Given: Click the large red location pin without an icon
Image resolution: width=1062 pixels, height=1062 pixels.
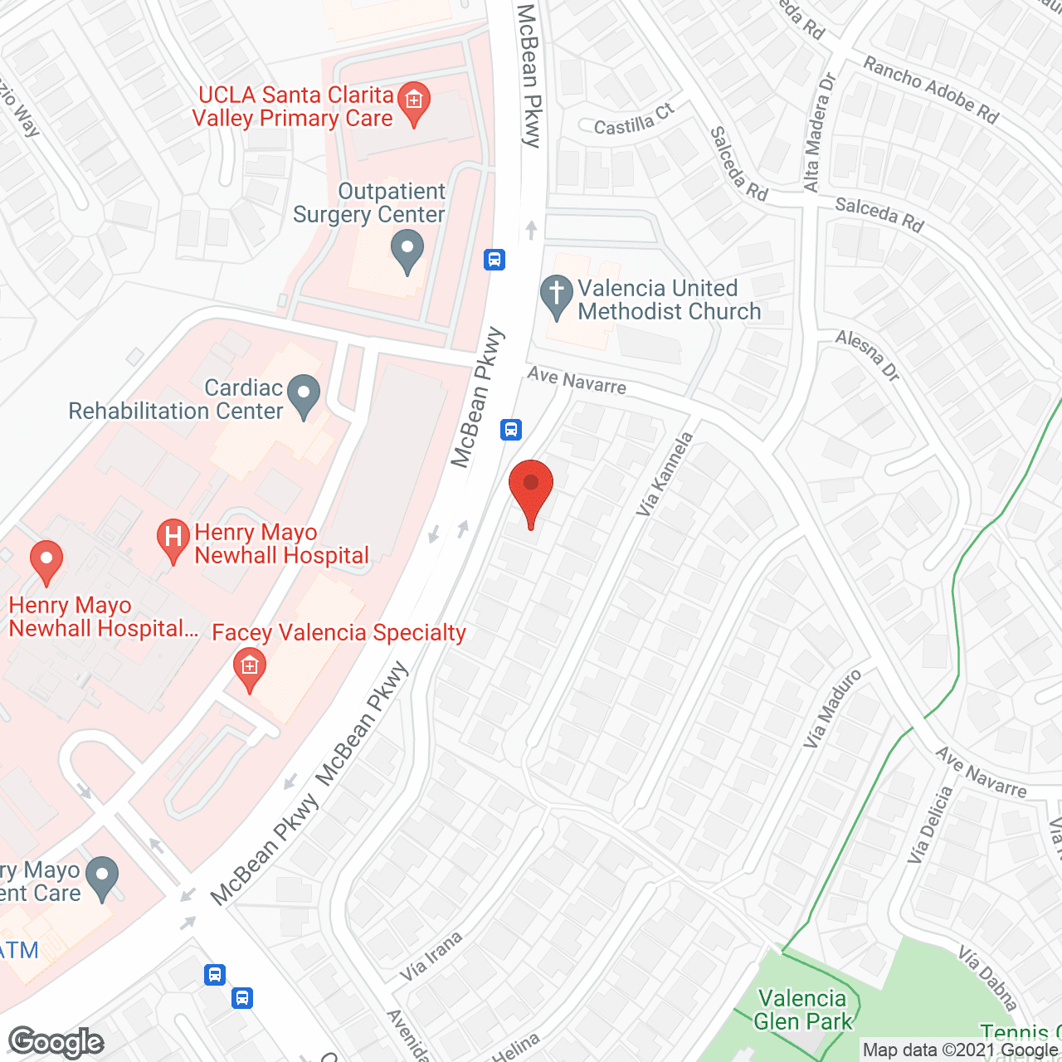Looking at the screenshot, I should pyautogui.click(x=530, y=490).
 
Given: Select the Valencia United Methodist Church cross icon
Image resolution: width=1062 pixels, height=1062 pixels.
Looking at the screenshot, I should pyautogui.click(x=556, y=296).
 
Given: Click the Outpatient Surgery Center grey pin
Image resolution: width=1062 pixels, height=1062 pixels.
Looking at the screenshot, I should pyautogui.click(x=407, y=251).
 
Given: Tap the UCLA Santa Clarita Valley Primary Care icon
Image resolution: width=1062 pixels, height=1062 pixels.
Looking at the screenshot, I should pyautogui.click(x=413, y=103).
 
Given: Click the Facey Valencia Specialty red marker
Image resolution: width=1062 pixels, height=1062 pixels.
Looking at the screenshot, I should pyautogui.click(x=249, y=669).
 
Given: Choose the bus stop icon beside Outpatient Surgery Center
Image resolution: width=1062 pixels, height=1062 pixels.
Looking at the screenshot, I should pyautogui.click(x=494, y=260).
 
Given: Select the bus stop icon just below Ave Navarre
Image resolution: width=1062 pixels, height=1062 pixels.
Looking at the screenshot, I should pyautogui.click(x=511, y=429).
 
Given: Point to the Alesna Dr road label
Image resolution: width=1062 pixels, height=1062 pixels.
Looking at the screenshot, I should pyautogui.click(x=868, y=355).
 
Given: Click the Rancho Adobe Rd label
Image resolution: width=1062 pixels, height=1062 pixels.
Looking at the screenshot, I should pyautogui.click(x=931, y=89).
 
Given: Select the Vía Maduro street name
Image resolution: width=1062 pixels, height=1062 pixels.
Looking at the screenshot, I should pyautogui.click(x=832, y=709).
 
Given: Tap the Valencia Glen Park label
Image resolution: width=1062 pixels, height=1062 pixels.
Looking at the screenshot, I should pyautogui.click(x=802, y=1010).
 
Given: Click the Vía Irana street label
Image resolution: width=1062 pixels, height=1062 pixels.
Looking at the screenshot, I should pyautogui.click(x=431, y=957).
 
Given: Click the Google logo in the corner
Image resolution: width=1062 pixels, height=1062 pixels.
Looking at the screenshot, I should pyautogui.click(x=56, y=1042).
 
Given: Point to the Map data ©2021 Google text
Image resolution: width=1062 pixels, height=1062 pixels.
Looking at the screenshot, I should pyautogui.click(x=961, y=1050).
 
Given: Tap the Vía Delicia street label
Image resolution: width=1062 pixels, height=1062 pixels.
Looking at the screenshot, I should pyautogui.click(x=929, y=826).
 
